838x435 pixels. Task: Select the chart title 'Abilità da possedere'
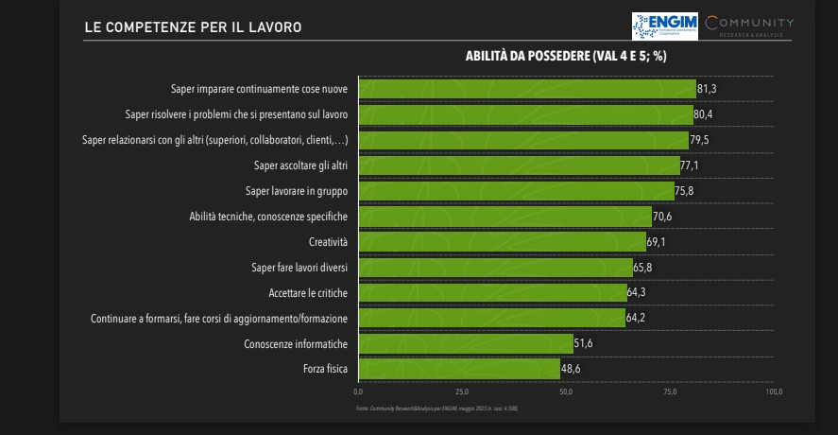(566, 56)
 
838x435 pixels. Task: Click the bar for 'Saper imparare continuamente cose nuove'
(526, 89)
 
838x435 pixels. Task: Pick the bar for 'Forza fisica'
(458, 369)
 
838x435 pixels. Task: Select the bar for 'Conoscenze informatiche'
(465, 343)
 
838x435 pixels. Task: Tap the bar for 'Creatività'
(502, 242)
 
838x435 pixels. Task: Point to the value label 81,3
(708, 89)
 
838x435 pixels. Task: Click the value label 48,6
(572, 369)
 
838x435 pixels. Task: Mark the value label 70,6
(663, 217)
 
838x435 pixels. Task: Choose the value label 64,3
(638, 293)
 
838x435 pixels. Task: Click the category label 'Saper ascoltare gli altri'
(300, 165)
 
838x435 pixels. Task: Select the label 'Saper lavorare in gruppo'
(296, 191)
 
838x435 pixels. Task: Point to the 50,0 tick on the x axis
(565, 391)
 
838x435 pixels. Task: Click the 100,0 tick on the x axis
(774, 391)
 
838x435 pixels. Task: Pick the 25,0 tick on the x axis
(461, 391)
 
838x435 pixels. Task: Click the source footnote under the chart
(436, 409)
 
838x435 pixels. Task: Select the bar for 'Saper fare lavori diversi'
(495, 268)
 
